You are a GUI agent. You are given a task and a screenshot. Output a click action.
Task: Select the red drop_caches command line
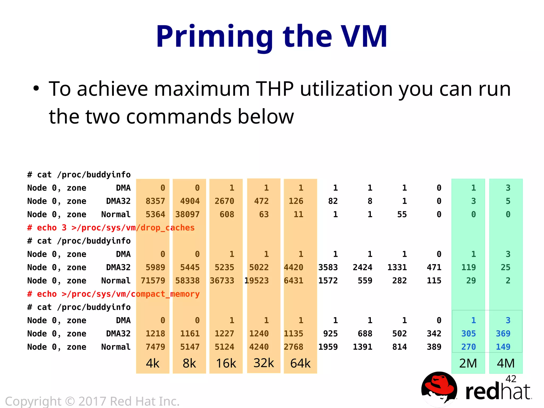click(111, 228)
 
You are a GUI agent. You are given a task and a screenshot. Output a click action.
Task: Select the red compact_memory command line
click(113, 294)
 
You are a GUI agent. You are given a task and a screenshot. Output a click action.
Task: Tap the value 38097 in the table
click(187, 214)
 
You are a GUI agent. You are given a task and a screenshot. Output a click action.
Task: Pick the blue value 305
click(468, 334)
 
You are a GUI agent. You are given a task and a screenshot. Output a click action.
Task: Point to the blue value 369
click(503, 334)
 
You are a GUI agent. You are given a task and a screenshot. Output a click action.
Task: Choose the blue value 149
click(503, 347)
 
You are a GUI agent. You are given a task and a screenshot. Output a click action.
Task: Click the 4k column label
click(153, 363)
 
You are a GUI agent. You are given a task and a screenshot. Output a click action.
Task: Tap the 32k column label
click(263, 363)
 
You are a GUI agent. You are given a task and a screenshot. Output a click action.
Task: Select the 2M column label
click(468, 363)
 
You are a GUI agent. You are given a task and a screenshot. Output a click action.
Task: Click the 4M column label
click(506, 363)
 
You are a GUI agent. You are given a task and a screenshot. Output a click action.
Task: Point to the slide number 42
click(511, 379)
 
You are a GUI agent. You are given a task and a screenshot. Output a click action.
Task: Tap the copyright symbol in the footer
click(70, 401)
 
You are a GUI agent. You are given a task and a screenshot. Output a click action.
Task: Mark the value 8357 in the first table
click(155, 201)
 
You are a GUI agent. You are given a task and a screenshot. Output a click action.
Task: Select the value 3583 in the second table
click(328, 267)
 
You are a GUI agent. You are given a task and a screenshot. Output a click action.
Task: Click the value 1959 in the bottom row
click(328, 347)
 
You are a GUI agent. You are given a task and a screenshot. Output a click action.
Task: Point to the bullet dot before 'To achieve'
click(36, 89)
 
